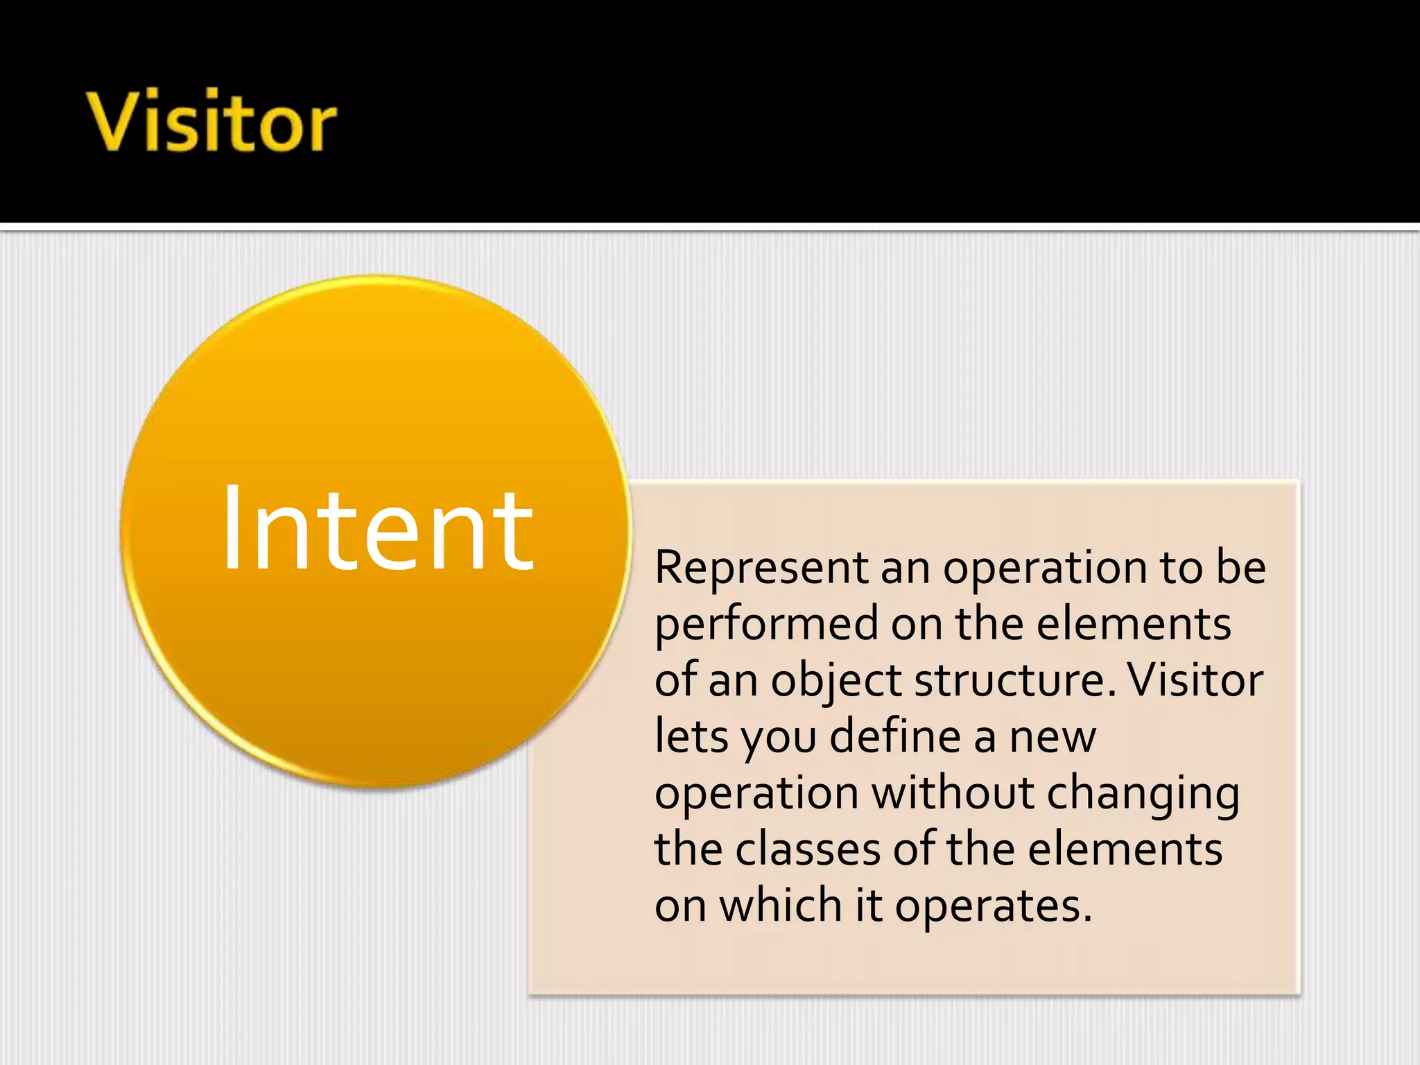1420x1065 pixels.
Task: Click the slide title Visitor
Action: (211, 121)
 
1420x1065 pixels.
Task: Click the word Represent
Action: (761, 569)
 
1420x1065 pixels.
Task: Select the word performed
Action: (766, 625)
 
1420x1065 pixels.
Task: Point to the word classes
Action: (808, 849)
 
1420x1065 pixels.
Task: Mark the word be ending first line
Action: (1240, 568)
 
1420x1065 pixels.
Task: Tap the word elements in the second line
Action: (1134, 625)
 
